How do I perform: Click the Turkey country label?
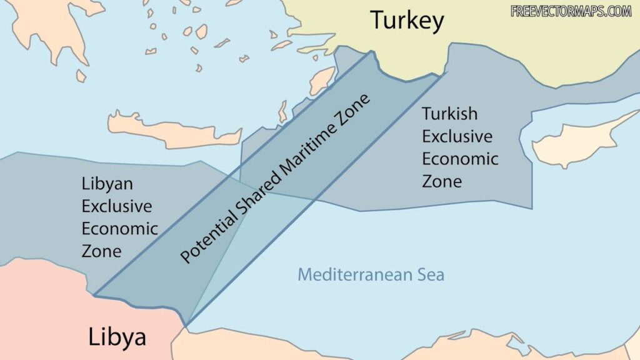click(407, 20)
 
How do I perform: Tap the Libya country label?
click(117, 337)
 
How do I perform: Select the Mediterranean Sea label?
click(371, 274)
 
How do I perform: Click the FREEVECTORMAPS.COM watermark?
click(571, 11)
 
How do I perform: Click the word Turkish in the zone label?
click(449, 114)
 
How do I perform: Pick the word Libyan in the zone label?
click(107, 184)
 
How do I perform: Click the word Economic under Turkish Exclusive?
click(459, 159)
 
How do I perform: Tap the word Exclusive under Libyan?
click(116, 206)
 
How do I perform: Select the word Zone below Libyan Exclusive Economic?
click(101, 251)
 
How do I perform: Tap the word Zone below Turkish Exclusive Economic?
click(441, 181)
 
